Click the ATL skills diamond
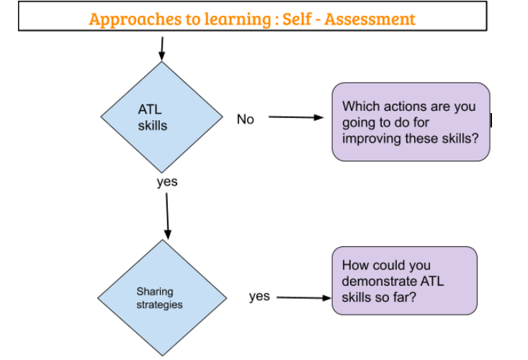tap(162, 118)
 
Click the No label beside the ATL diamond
tap(246, 120)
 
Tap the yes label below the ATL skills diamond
tap(167, 182)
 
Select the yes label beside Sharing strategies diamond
tap(259, 296)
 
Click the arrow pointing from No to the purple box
tap(296, 117)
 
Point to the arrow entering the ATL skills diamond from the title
tap(161, 48)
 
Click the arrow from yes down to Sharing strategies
tap(168, 215)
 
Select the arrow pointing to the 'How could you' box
tap(302, 297)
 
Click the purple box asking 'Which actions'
tap(411, 121)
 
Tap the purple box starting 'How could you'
tap(404, 280)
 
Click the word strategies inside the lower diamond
tap(160, 305)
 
